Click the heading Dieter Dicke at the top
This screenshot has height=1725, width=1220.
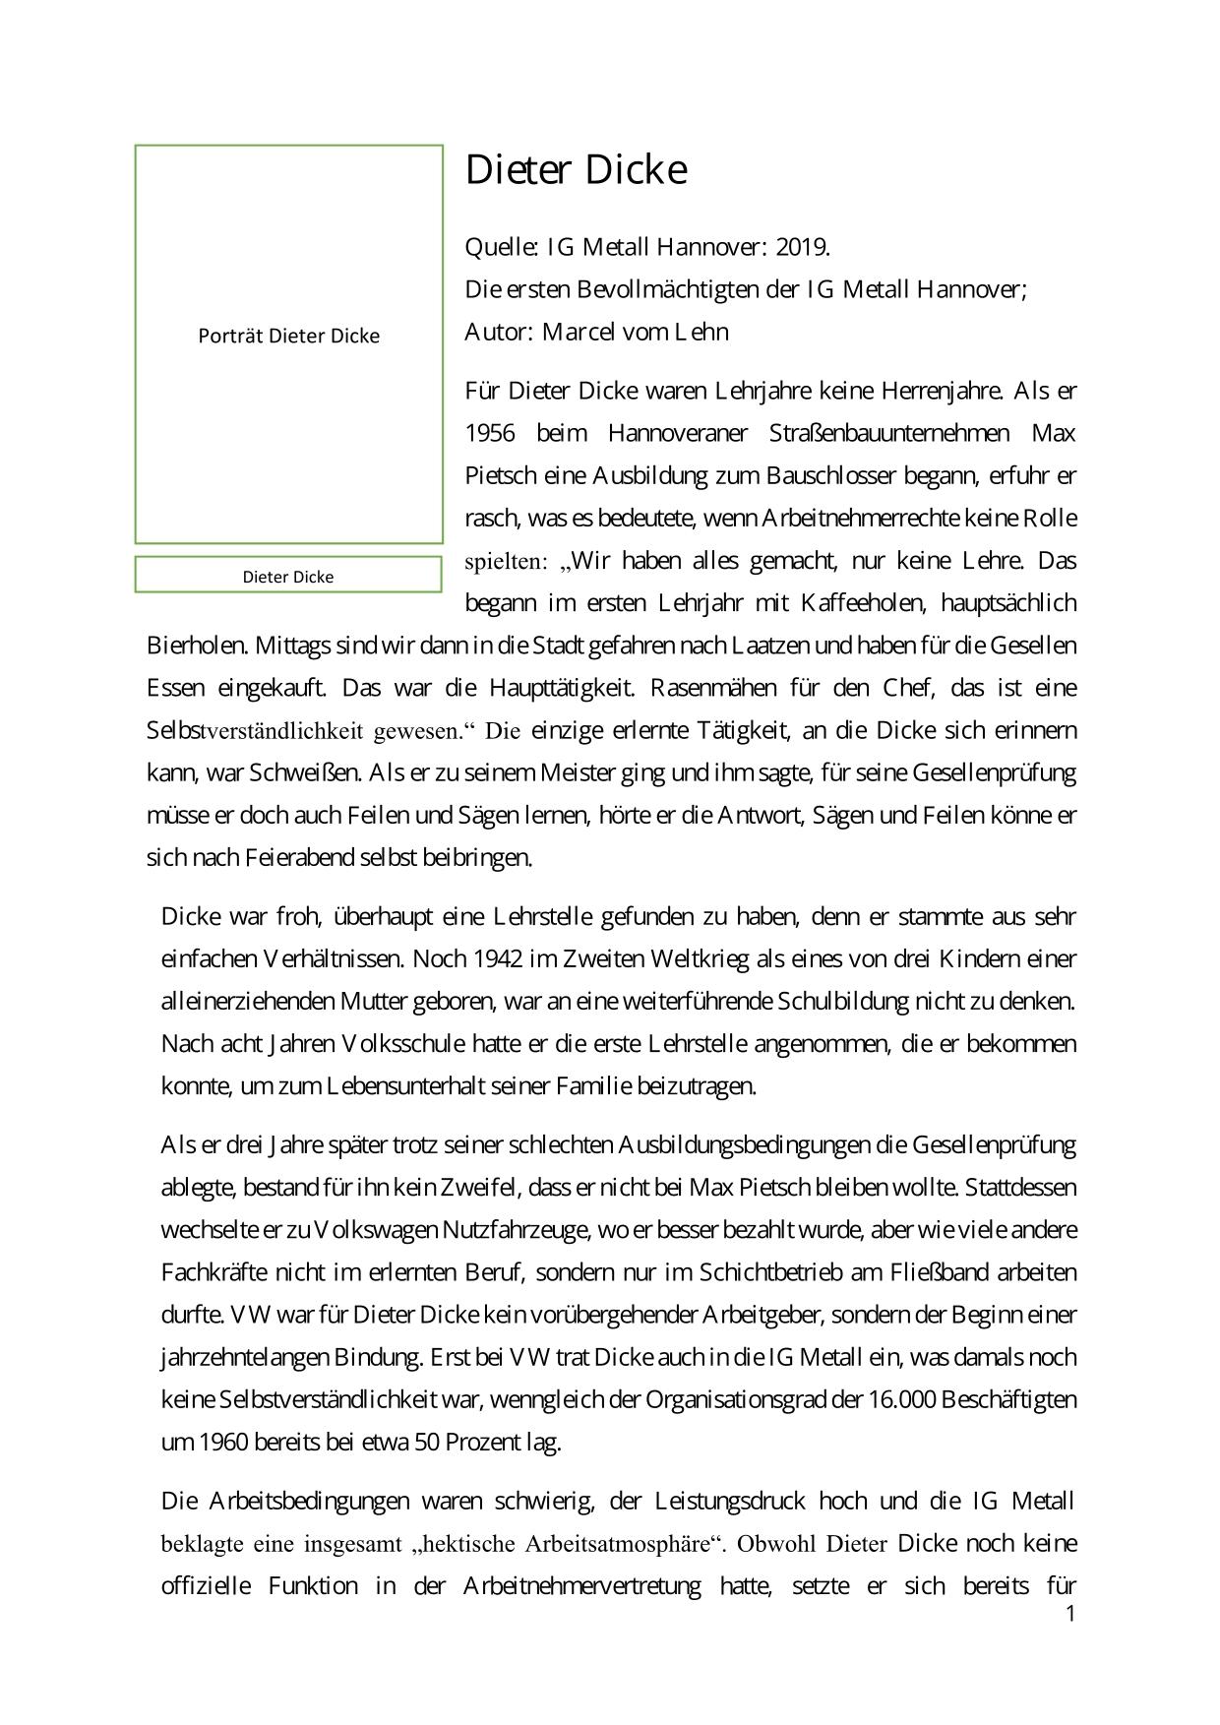pos(576,170)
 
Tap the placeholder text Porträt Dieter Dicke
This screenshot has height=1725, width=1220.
pos(288,336)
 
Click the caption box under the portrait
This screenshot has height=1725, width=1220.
pos(288,576)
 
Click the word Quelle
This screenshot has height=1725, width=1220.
pos(500,246)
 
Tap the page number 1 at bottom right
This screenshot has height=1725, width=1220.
pos(1070,1614)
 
